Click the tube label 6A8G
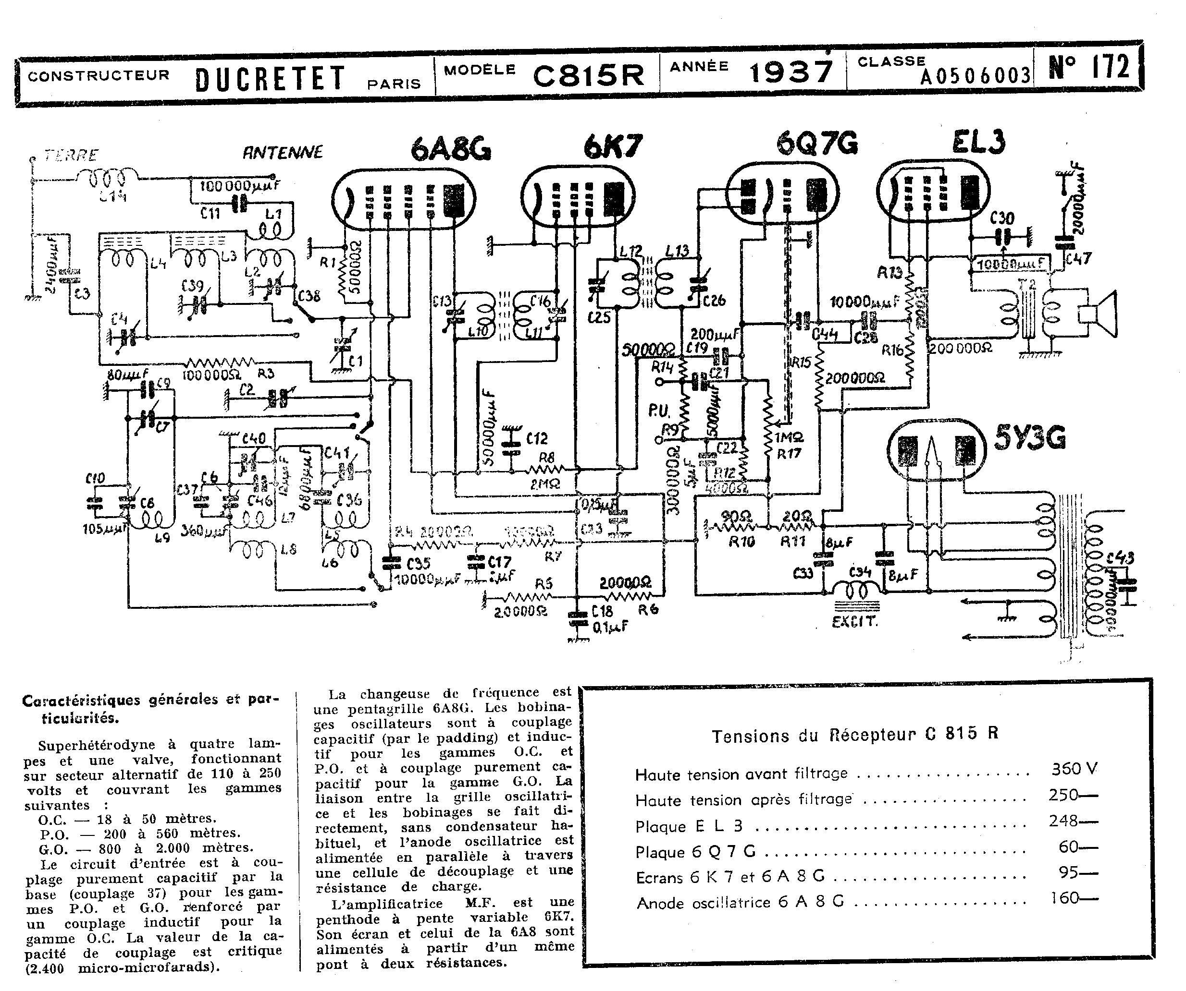coord(451,149)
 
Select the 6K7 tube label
coord(613,147)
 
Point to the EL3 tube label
coord(979,142)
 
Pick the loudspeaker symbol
coord(1099,315)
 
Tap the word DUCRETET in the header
coord(270,78)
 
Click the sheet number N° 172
coord(1088,67)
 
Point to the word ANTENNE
coord(283,152)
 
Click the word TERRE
coord(72,155)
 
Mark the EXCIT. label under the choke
coord(854,622)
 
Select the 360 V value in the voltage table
coord(1074,769)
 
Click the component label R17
coord(789,453)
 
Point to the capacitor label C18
coord(602,611)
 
